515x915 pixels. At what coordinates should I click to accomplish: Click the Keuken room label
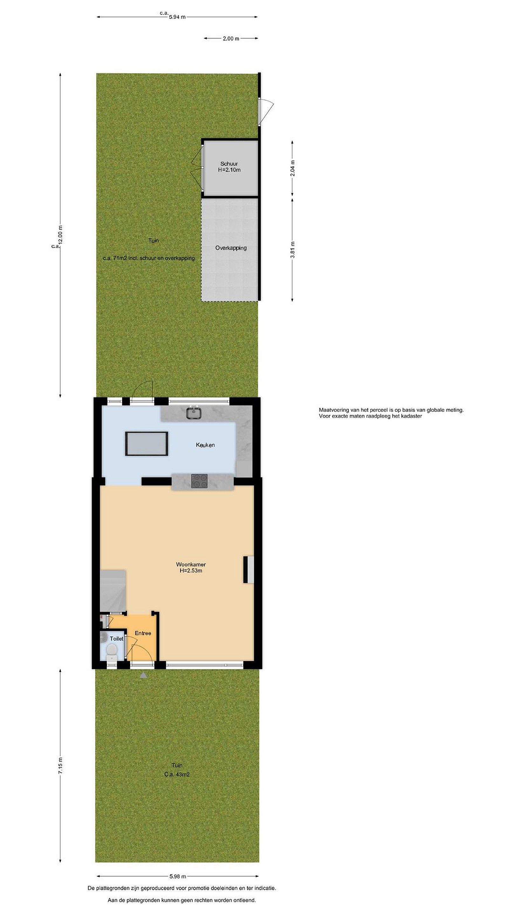tap(205, 445)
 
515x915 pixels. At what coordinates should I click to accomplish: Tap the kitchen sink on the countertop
tap(194, 413)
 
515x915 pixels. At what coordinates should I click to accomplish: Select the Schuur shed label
tap(229, 164)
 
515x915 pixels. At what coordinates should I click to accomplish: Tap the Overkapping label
tap(231, 248)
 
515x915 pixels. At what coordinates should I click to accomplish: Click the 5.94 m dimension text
tap(177, 17)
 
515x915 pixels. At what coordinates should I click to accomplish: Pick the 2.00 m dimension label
tap(231, 38)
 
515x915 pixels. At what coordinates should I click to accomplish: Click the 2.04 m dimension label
tap(292, 168)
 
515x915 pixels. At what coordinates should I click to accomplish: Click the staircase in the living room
tap(113, 590)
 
